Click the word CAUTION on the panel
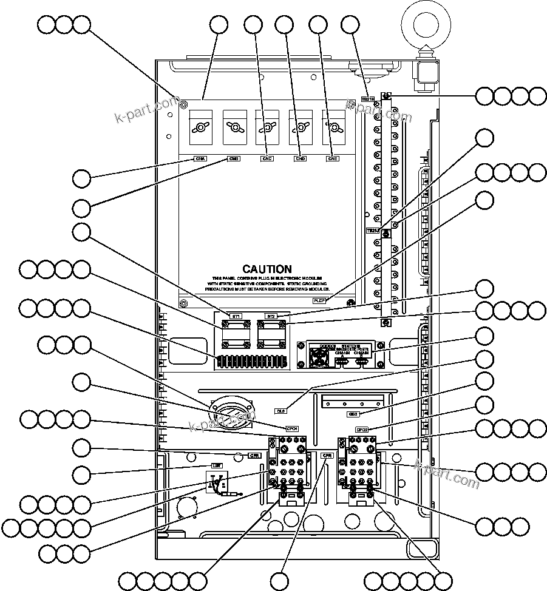(x=267, y=269)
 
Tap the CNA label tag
(x=200, y=159)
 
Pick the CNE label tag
(x=332, y=159)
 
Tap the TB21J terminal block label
(x=372, y=231)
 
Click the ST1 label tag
(x=237, y=317)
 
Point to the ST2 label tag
(x=271, y=317)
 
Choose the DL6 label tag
(x=280, y=411)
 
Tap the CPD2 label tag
(x=362, y=430)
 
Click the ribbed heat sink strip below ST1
(x=251, y=362)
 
